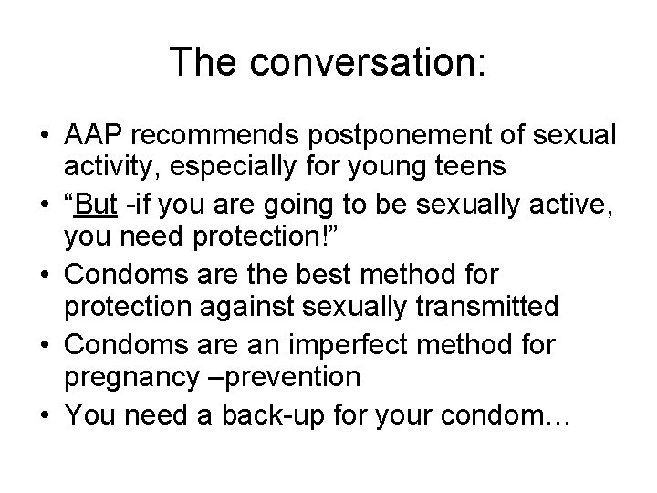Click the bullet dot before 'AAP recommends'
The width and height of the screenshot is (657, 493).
(x=44, y=137)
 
